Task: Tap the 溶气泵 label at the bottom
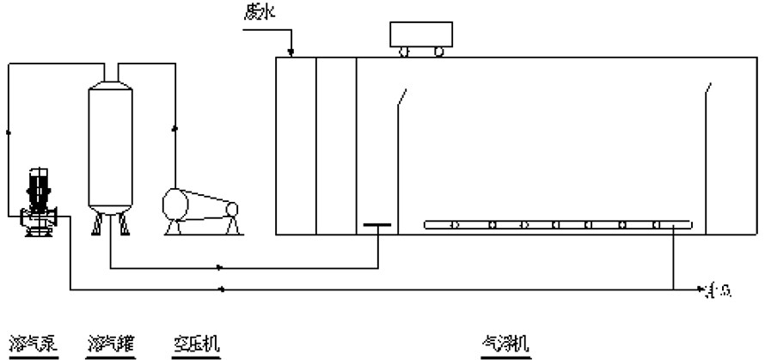(27, 344)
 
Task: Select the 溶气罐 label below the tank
(108, 344)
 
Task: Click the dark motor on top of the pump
(38, 185)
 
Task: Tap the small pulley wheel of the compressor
(234, 210)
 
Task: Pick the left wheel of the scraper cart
(402, 52)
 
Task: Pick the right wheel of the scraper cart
(440, 52)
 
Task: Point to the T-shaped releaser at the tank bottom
(377, 226)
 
